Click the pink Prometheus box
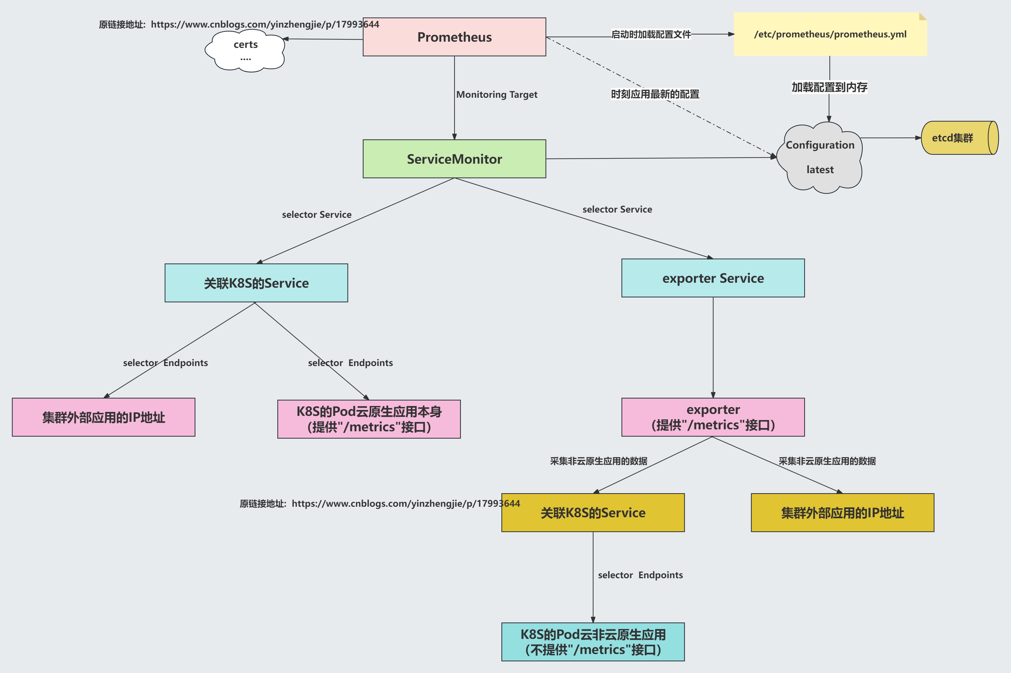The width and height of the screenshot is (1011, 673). (x=454, y=37)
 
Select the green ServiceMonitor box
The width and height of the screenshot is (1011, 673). (x=454, y=159)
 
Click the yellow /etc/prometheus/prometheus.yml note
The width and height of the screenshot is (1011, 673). (x=830, y=34)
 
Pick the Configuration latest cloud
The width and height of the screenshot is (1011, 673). (x=820, y=157)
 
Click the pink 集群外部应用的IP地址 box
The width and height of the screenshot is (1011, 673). (x=103, y=417)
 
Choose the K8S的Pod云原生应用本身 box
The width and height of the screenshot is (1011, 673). (x=369, y=419)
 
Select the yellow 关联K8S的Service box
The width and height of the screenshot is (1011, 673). (x=593, y=513)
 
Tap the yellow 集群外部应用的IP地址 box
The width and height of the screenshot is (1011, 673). (x=842, y=513)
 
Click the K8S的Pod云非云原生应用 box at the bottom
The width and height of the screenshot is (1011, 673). (x=593, y=642)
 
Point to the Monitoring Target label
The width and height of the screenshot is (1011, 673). (x=496, y=94)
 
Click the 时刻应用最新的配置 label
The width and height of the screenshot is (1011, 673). (x=655, y=94)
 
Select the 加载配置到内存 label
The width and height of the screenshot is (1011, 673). (x=829, y=87)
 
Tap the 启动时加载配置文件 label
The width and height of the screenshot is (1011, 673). (x=651, y=34)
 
